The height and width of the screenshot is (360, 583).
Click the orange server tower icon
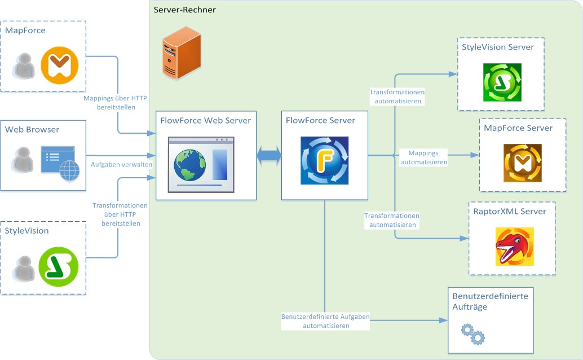(x=181, y=55)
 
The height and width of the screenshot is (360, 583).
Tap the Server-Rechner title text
(x=184, y=10)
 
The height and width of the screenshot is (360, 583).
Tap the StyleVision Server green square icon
(x=502, y=82)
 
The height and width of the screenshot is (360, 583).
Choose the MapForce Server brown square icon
(x=522, y=163)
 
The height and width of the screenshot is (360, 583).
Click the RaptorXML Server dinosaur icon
(x=514, y=246)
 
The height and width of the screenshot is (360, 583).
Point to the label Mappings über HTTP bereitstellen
(x=115, y=103)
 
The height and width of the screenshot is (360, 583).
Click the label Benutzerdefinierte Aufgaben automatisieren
(x=325, y=321)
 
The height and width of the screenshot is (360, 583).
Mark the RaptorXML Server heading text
(x=510, y=212)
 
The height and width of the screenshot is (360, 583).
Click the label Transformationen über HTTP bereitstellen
(x=120, y=214)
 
